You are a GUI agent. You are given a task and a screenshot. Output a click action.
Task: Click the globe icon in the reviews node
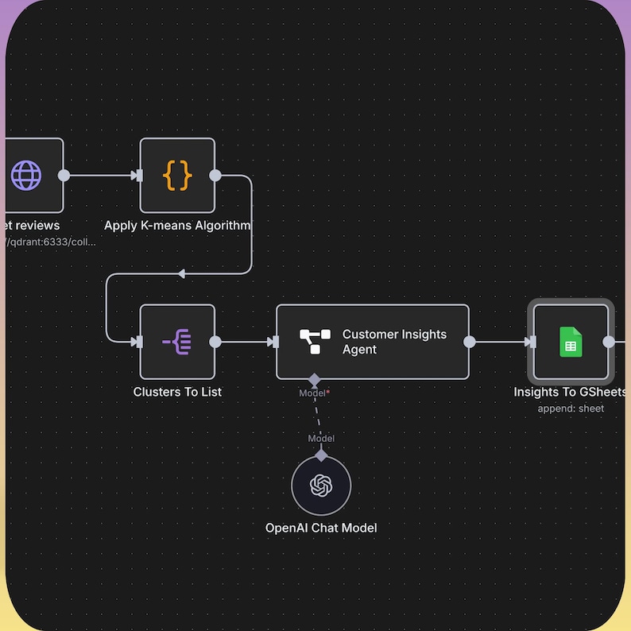26,176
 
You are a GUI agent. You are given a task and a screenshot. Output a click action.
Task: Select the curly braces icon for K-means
177,176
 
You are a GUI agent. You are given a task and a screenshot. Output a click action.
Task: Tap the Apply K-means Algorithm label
177,225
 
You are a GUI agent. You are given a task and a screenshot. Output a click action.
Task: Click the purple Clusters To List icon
177,342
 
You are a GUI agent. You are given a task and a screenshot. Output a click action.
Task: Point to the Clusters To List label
177,392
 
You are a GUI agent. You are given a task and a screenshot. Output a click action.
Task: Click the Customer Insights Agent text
394,342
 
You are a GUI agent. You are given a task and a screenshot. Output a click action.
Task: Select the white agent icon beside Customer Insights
315,342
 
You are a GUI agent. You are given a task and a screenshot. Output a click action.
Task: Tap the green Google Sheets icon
571,342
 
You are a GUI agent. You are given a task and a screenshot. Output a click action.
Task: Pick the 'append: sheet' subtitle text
571,408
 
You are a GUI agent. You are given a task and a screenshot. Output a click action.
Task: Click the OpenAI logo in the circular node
321,485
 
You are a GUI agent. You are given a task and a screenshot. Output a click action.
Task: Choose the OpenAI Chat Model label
321,528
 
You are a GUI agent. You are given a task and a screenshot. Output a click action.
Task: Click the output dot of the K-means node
215,176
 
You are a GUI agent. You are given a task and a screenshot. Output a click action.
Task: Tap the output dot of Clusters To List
215,342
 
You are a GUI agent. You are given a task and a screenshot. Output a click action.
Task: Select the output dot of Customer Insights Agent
470,342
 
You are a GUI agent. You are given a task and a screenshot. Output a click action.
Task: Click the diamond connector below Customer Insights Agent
315,379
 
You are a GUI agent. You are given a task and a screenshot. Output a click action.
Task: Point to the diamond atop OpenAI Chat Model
321,455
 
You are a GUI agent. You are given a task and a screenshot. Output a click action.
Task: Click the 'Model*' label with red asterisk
315,393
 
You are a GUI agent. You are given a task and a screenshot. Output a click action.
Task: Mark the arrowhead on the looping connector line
181,273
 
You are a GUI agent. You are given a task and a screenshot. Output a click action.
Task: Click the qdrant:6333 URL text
51,242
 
